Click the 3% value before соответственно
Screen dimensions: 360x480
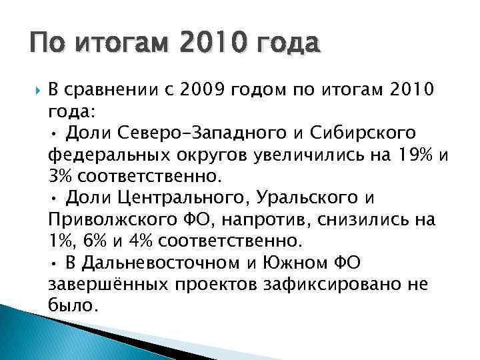click(61, 178)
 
